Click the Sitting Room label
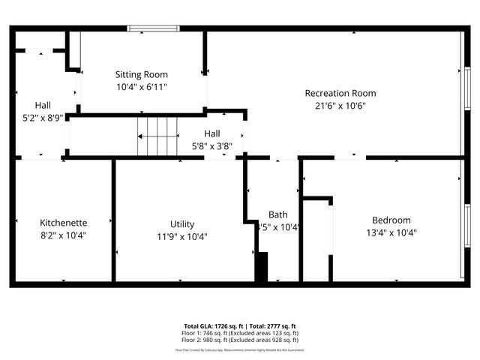click(x=141, y=74)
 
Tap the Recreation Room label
click(x=340, y=93)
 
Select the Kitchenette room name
click(x=64, y=223)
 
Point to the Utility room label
click(x=182, y=224)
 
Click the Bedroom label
click(x=391, y=220)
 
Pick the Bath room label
click(x=278, y=215)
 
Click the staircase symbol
click(x=157, y=135)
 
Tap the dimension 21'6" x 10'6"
click(x=340, y=106)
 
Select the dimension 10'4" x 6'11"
click(x=141, y=87)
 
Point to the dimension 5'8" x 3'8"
click(x=212, y=146)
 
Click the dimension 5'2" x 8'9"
click(x=43, y=118)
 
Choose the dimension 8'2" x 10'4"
click(x=64, y=235)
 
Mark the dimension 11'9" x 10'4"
click(x=182, y=236)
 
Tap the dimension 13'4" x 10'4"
click(x=391, y=232)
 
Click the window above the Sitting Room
click(x=153, y=28)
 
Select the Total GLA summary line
click(x=240, y=326)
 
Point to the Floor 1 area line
click(x=240, y=333)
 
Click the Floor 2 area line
click(x=240, y=339)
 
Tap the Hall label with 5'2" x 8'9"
click(x=43, y=105)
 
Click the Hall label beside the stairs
click(x=212, y=133)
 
